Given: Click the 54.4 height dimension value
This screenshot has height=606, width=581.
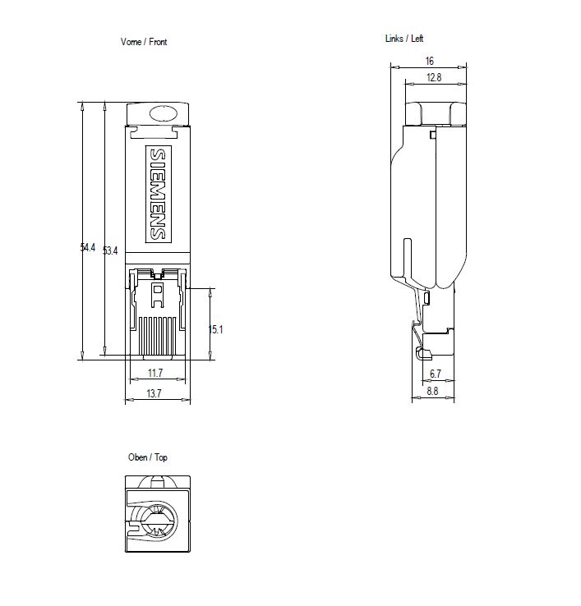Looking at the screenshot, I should pyautogui.click(x=88, y=247).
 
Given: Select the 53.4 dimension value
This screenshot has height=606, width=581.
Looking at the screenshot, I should pyautogui.click(x=110, y=250).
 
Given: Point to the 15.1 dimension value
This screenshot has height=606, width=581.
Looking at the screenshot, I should pyautogui.click(x=215, y=329).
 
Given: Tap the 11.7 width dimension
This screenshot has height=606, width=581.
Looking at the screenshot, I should pyautogui.click(x=154, y=374).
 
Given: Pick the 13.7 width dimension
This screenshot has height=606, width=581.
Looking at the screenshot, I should pyautogui.click(x=154, y=394).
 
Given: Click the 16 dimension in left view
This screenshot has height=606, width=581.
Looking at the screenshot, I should pyautogui.click(x=429, y=61).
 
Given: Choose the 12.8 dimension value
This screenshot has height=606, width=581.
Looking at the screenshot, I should pyautogui.click(x=434, y=77).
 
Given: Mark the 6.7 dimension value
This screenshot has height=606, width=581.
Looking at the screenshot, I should pyautogui.click(x=436, y=374).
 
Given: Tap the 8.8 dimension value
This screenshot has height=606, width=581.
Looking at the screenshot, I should pyautogui.click(x=433, y=392).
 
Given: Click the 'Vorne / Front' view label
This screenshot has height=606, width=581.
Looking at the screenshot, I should pyautogui.click(x=144, y=42).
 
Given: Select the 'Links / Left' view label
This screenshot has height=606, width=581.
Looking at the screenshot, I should pyautogui.click(x=404, y=39).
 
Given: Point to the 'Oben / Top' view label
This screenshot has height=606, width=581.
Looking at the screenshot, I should pyautogui.click(x=147, y=457).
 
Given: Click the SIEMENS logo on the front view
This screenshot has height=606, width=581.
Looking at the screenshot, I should pyautogui.click(x=157, y=195).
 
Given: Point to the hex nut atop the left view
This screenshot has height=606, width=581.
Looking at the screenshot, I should pyautogui.click(x=436, y=112).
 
